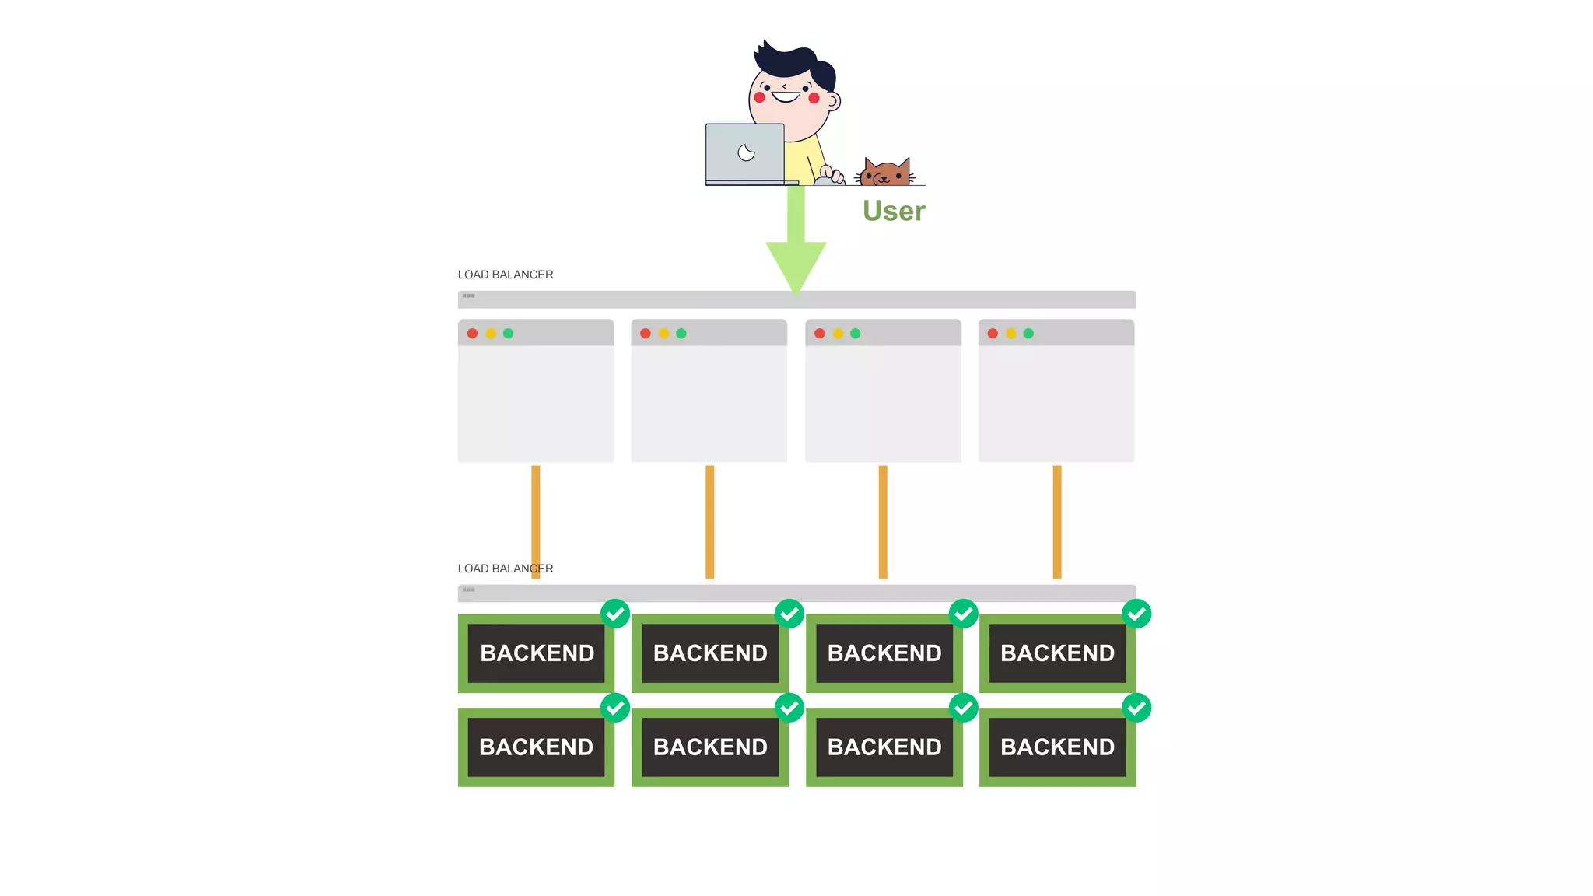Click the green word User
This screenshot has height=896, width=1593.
click(894, 211)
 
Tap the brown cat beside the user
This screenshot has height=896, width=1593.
click(885, 172)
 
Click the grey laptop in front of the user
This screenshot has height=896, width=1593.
click(745, 153)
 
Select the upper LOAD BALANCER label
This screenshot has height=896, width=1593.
click(506, 275)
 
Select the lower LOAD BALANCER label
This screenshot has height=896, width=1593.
click(506, 569)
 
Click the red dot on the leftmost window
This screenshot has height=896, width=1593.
click(472, 334)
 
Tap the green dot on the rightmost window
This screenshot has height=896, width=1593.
click(1028, 334)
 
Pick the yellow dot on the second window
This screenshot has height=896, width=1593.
click(663, 334)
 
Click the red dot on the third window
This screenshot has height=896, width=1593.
click(819, 334)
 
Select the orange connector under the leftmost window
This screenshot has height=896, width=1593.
click(536, 513)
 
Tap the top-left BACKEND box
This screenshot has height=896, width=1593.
click(537, 653)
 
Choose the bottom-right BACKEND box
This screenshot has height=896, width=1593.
click(1057, 747)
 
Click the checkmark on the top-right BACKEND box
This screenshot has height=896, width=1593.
click(1136, 614)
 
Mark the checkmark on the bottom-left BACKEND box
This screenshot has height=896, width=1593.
click(615, 708)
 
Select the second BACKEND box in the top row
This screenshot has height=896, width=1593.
click(710, 653)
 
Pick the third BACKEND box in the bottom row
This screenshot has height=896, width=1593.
click(884, 747)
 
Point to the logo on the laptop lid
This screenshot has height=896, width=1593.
click(746, 152)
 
